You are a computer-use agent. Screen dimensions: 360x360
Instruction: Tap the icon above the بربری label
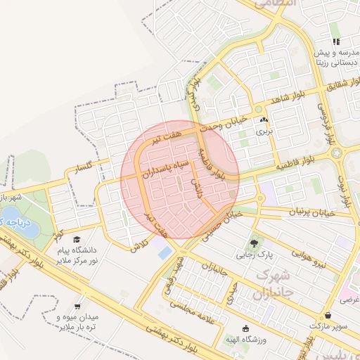263,121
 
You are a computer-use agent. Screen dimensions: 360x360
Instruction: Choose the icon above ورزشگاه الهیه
245,328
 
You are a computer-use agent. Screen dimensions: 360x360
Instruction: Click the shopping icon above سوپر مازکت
329,316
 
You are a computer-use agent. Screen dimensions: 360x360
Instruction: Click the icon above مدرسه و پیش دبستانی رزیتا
335,43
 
